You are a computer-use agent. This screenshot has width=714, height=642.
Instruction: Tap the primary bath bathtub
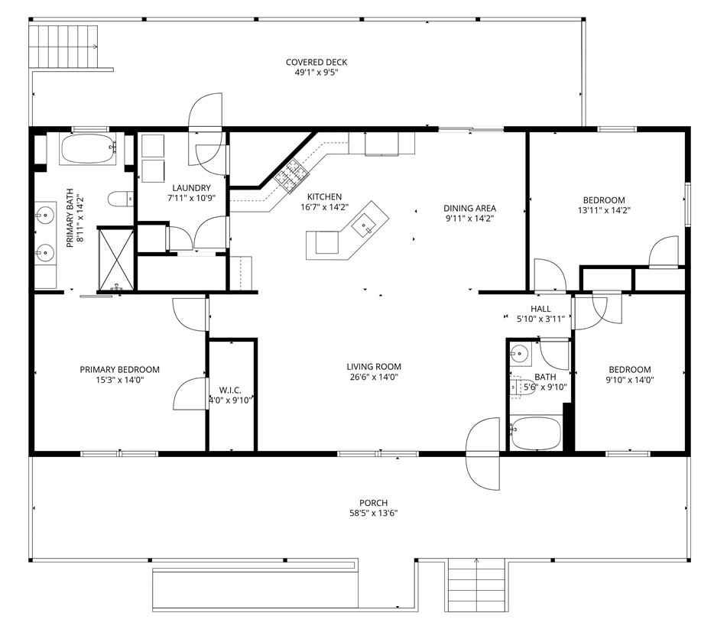pyautogui.click(x=88, y=149)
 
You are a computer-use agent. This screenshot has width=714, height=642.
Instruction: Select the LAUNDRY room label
pyautogui.click(x=191, y=188)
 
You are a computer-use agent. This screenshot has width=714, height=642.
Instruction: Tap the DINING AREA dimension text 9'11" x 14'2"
pyautogui.click(x=470, y=218)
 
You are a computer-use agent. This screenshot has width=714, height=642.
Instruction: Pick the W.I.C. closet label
pyautogui.click(x=230, y=390)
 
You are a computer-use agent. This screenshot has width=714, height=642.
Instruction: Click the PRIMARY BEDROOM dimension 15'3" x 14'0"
pyautogui.click(x=119, y=380)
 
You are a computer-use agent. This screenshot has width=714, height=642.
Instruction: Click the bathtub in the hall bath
pyautogui.click(x=537, y=435)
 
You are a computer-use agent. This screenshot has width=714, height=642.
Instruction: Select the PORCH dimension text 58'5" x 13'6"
pyautogui.click(x=374, y=513)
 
